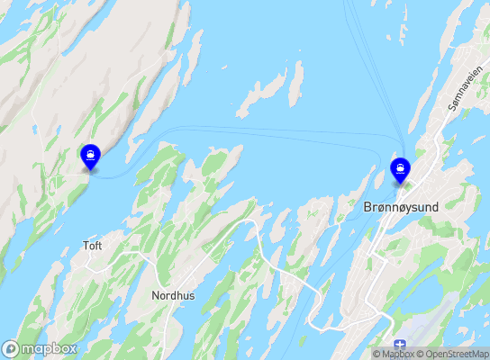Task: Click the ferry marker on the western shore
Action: (x=91, y=157)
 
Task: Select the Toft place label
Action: (x=93, y=245)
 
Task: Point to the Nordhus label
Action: (x=173, y=295)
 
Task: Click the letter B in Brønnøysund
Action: (x=367, y=207)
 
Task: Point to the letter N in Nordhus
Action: (x=156, y=295)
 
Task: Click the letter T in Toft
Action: (x=86, y=245)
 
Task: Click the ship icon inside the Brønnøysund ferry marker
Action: (x=399, y=166)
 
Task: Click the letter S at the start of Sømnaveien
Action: (x=449, y=109)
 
